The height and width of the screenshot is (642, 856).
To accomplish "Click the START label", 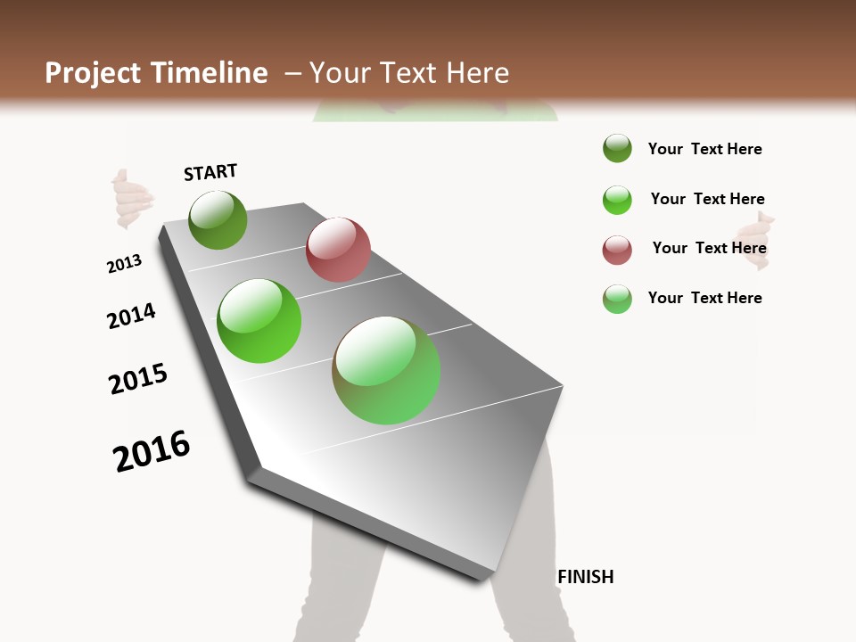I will [210, 172].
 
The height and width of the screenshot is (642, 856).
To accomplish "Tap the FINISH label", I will [585, 577].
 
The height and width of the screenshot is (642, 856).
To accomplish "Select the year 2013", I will [124, 264].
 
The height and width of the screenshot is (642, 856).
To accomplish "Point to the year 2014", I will [131, 316].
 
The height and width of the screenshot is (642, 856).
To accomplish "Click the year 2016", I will [152, 451].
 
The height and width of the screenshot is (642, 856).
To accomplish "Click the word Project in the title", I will [93, 73].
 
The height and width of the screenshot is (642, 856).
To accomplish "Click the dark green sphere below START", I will [218, 219].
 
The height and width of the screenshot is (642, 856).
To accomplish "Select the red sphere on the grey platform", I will [338, 250].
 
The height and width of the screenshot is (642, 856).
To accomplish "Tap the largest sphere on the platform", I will [386, 370].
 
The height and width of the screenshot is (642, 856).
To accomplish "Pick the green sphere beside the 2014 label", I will [259, 321].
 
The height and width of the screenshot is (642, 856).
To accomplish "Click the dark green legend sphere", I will [617, 149].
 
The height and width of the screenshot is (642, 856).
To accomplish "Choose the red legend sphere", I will [617, 250].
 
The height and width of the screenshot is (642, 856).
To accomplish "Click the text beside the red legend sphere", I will [709, 248].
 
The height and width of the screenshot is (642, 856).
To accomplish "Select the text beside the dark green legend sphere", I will [704, 149].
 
